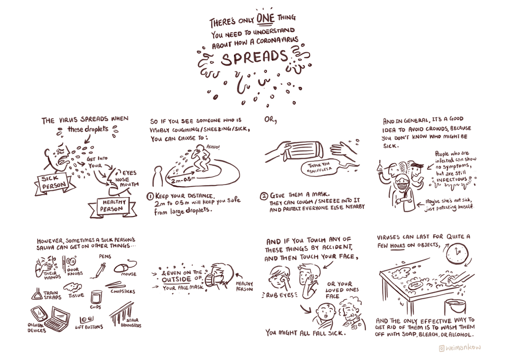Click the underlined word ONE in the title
(x=265, y=18)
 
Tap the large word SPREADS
(x=255, y=57)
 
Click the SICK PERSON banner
(x=54, y=183)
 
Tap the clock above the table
(x=457, y=252)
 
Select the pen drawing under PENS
(x=99, y=270)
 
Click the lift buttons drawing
(x=86, y=320)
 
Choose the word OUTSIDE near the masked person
(x=176, y=279)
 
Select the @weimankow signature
(x=460, y=348)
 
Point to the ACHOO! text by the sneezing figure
(x=213, y=147)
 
